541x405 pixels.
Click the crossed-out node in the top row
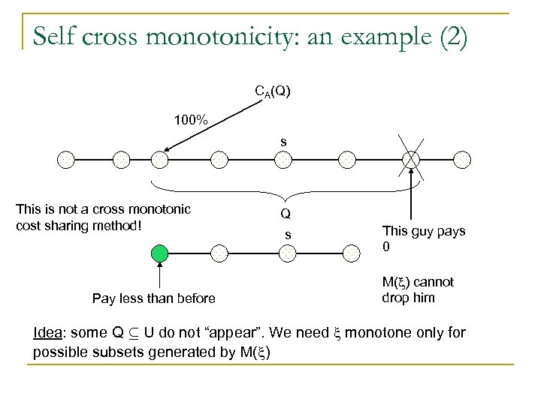(x=411, y=159)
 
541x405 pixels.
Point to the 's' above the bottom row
(x=286, y=235)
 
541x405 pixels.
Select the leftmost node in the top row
(x=67, y=159)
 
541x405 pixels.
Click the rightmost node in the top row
(x=464, y=159)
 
